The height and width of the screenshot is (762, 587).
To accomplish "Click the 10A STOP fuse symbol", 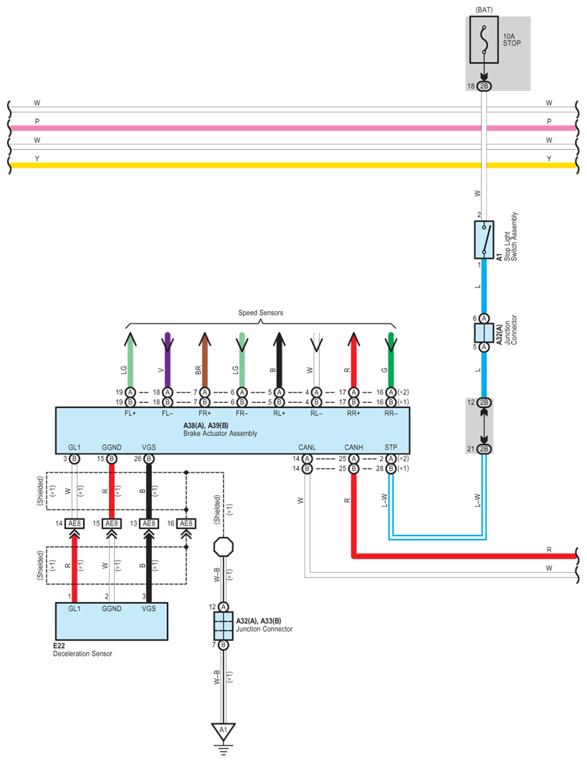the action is pos(484,40).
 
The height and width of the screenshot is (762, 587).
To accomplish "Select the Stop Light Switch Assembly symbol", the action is pos(484,240).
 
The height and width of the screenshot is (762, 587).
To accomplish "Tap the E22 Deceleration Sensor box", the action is pos(112,621).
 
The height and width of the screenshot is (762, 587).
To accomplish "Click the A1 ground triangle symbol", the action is pos(223,732).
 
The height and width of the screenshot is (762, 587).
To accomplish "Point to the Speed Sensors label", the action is pos(260,313).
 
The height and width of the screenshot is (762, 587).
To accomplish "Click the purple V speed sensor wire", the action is pos(168,360).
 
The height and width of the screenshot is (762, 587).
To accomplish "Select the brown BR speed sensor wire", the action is pos(204,361).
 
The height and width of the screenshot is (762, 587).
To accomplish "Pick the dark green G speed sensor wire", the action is pos(391,360).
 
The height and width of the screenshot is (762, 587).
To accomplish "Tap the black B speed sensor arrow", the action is pos(279,360).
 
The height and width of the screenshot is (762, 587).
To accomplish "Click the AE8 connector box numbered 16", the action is pos(186,523).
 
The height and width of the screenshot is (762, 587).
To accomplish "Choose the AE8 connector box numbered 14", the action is pos(75,523).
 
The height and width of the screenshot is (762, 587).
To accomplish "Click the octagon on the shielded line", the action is pos(224,547).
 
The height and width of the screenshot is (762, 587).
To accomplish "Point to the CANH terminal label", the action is pos(354,447).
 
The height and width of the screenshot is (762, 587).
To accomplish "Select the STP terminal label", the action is pos(391,447).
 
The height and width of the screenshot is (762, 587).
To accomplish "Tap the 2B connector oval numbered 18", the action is pos(484,86).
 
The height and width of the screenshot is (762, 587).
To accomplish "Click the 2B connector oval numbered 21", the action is pos(484,449).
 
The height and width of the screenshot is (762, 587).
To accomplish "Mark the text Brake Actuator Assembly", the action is pos(220,434).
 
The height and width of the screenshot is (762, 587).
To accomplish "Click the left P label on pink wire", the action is pos(37,121).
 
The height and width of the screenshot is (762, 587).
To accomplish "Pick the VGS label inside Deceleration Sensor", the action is pos(148,609).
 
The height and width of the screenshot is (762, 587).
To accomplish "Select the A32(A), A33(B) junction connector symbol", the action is pos(224,626).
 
